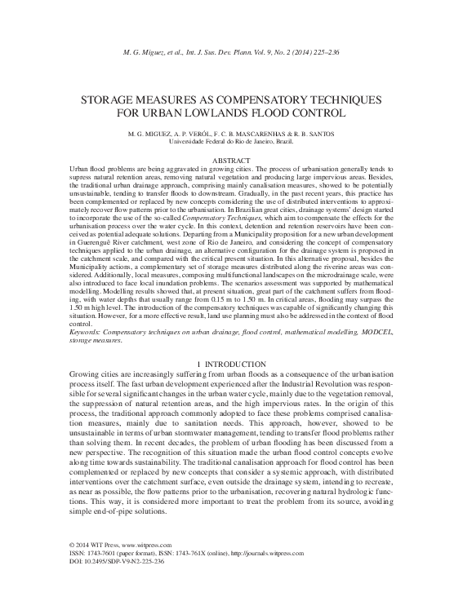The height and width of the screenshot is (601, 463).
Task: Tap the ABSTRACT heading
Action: click(x=231, y=161)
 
